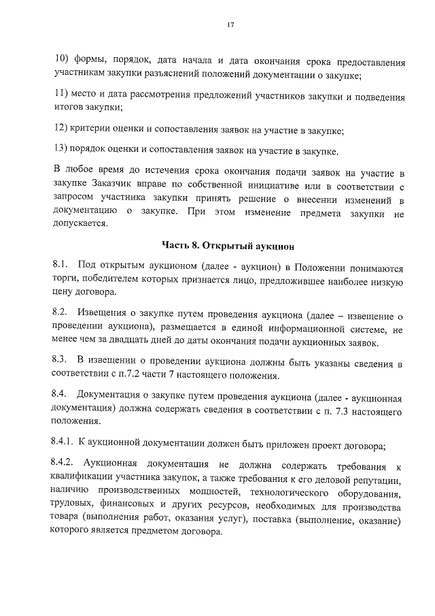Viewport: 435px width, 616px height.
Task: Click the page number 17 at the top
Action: pyautogui.click(x=230, y=25)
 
